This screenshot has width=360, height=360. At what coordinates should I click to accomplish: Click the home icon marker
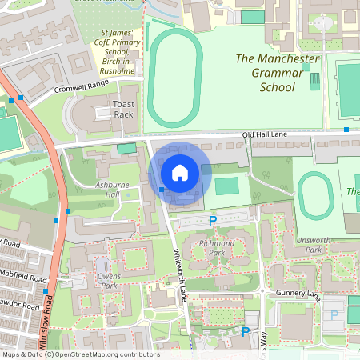click(x=180, y=173)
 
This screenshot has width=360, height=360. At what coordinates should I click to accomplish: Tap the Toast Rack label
click(x=125, y=110)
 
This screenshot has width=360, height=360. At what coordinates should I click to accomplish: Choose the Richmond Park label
click(x=217, y=248)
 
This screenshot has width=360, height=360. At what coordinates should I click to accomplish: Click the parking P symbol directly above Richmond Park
click(x=213, y=221)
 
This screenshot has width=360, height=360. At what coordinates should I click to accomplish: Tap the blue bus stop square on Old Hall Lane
click(x=346, y=129)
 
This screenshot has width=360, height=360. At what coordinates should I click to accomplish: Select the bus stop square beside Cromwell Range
click(x=21, y=98)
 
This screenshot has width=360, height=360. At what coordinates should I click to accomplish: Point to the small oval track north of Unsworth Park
click(x=314, y=193)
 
